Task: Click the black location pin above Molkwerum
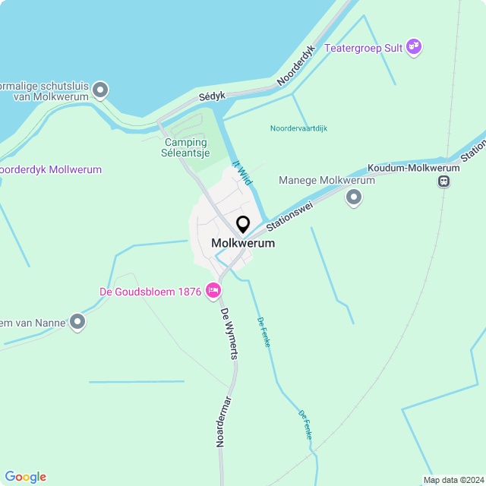243,225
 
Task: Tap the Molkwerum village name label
243,244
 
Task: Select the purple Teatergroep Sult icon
414,47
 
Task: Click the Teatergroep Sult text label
363,48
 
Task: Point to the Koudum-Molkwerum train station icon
443,181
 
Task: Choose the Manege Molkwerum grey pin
353,198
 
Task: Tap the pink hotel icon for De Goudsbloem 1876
213,291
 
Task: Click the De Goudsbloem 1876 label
150,292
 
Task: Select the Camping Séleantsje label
185,147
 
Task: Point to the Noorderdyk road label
295,65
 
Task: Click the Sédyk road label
213,97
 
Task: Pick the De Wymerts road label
229,333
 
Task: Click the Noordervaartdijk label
298,128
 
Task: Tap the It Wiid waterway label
241,171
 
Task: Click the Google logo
25,477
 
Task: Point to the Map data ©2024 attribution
453,480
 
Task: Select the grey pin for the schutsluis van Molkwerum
99,91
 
